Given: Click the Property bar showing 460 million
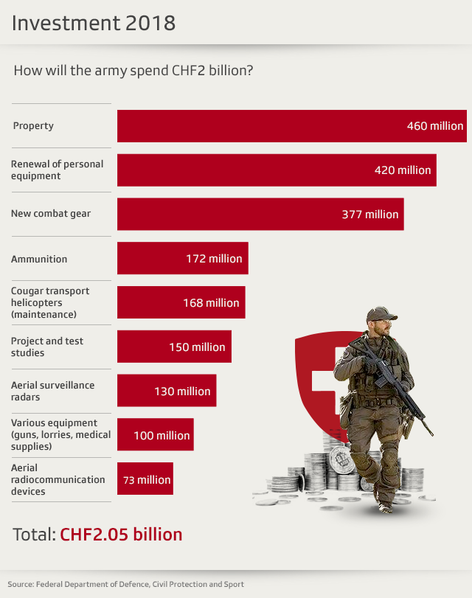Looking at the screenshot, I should click(291, 126).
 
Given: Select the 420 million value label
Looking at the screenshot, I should click(403, 170).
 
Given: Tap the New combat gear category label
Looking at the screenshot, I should click(51, 214).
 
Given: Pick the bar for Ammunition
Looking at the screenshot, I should click(182, 259).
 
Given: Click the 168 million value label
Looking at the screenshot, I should click(211, 303).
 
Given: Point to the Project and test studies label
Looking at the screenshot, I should click(47, 347).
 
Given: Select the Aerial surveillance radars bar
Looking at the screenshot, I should click(167, 392).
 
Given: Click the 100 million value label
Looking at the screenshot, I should click(162, 436).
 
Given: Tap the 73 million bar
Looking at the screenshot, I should click(145, 480).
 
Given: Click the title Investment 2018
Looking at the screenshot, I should click(94, 23).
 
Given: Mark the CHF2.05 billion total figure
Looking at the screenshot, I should click(121, 534).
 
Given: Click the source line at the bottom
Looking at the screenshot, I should click(125, 584).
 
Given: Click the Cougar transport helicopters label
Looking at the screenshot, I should click(51, 302).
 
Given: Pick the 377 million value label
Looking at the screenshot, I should click(370, 215).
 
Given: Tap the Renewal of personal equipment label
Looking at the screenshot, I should click(58, 170).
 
